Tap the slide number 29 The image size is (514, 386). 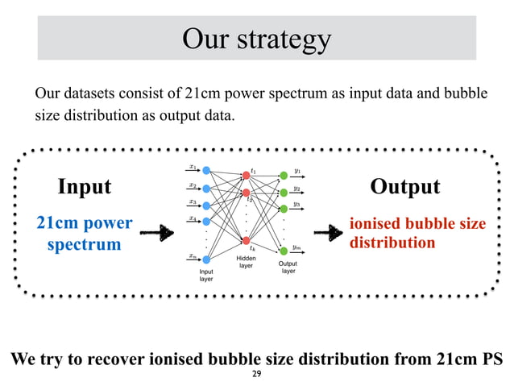click(x=257, y=376)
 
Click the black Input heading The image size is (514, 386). click(x=85, y=187)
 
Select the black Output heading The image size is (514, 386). click(x=404, y=187)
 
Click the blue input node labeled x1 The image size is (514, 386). click(x=207, y=171)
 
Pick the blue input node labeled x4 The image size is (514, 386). click(x=207, y=221)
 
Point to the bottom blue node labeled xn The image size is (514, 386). click(x=207, y=259)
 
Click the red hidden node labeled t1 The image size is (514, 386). click(x=246, y=175)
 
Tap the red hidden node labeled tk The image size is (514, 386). click(x=246, y=241)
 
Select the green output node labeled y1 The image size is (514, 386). click(x=283, y=175)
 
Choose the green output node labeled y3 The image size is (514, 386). click(x=283, y=209)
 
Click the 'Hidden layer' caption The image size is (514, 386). click(x=246, y=262)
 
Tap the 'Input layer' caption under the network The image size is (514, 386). click(x=207, y=276)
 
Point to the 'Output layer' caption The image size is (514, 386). click(x=288, y=268)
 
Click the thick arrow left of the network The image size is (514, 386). click(x=157, y=233)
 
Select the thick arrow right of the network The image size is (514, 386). click(x=326, y=233)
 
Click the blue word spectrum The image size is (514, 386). click(x=84, y=243)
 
